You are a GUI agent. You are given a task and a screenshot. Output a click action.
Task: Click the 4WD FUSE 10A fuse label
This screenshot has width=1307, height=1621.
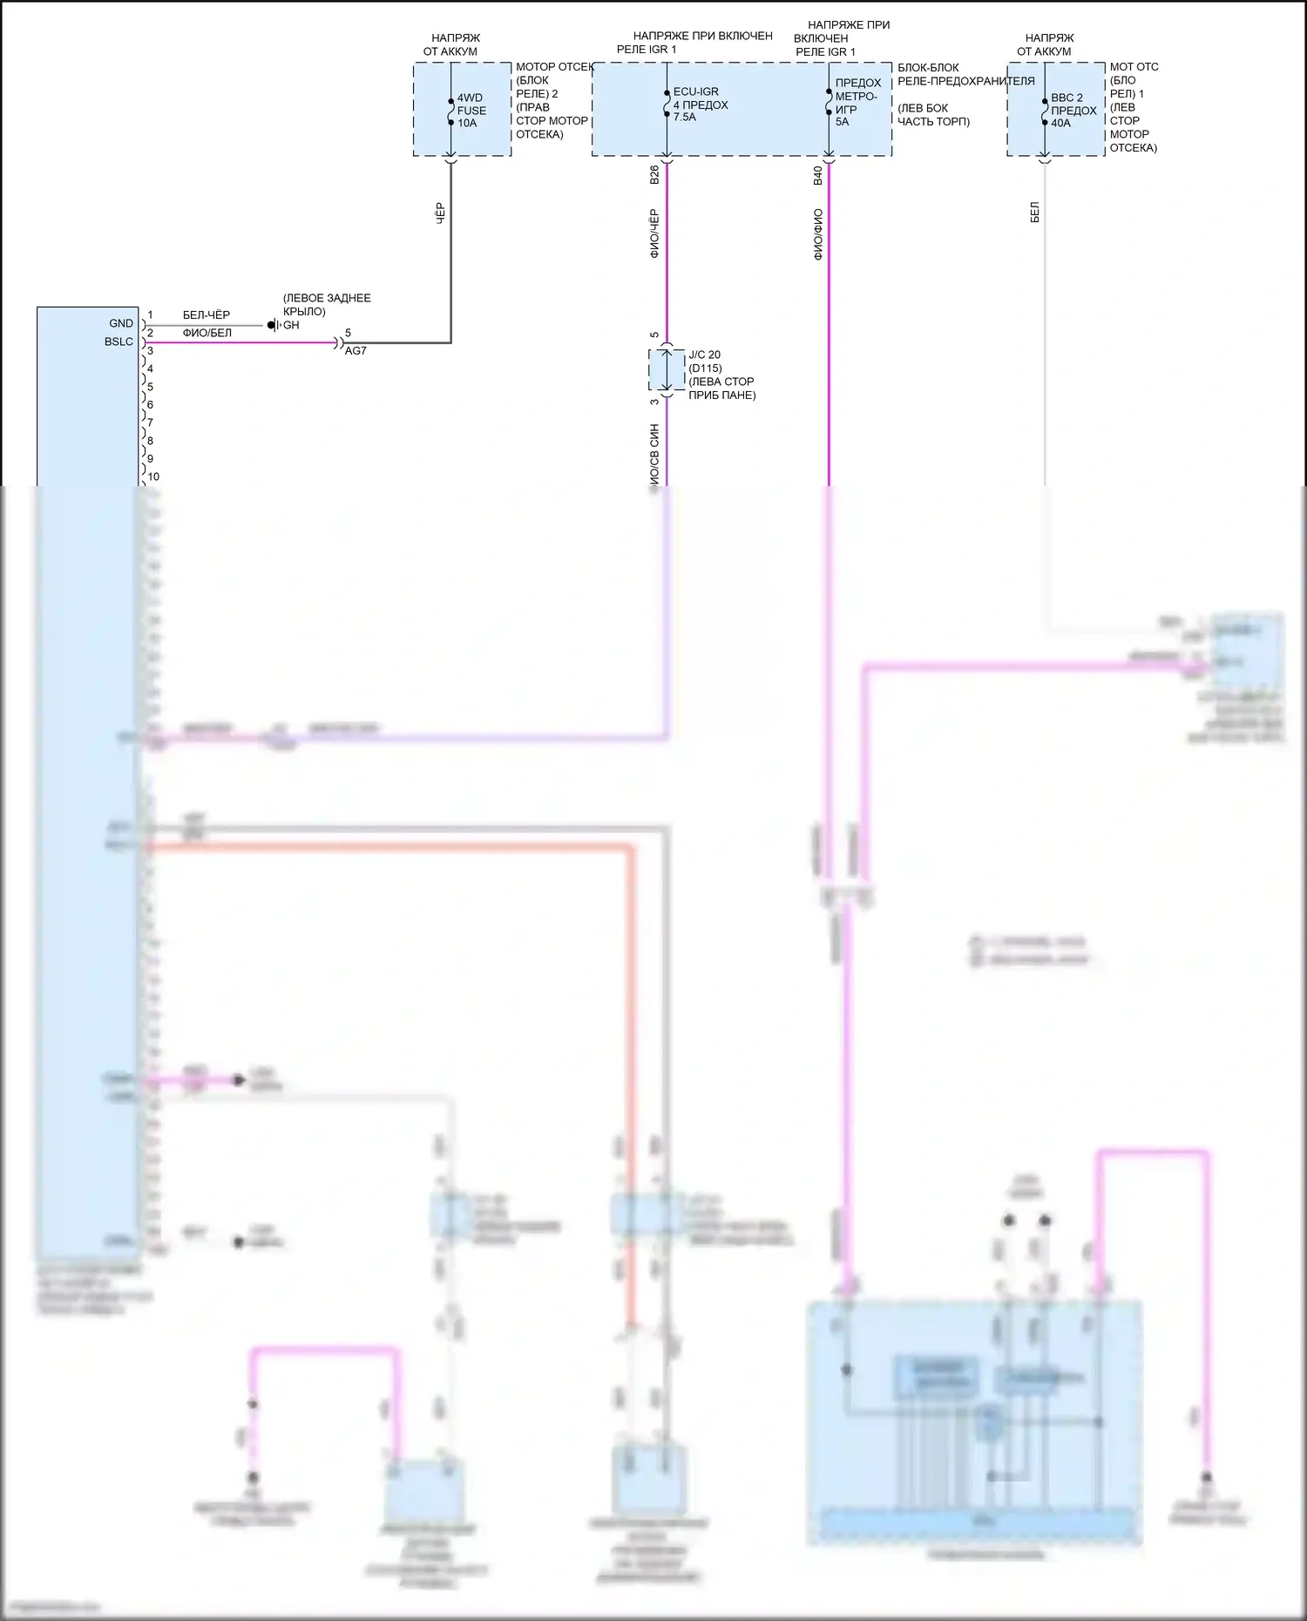pos(471,111)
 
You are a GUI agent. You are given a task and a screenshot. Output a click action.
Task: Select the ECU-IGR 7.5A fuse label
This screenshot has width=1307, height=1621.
pos(700,105)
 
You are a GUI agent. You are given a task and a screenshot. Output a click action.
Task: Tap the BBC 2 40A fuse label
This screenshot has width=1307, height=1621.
pos(1073,111)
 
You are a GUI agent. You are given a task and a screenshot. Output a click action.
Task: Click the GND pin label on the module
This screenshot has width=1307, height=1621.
pos(121,323)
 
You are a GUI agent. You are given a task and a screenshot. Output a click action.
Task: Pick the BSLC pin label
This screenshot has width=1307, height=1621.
pos(119,341)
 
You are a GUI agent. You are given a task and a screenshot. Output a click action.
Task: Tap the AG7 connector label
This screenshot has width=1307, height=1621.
pos(356,351)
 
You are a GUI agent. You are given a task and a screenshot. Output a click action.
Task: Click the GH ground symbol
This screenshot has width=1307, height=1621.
pos(272,325)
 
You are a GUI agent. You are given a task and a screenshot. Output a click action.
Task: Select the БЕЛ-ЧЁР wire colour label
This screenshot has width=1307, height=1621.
pos(207,315)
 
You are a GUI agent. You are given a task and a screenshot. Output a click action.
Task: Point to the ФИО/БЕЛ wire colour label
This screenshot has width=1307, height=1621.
pos(207,333)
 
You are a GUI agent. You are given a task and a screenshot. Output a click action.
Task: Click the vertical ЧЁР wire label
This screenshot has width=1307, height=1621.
pos(439,214)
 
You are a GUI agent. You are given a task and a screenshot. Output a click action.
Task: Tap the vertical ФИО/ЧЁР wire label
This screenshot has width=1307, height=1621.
pos(654,233)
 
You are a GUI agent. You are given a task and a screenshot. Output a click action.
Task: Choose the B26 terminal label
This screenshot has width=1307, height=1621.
pos(654,175)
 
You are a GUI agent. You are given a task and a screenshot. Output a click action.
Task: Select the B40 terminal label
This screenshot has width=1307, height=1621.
pos(817,175)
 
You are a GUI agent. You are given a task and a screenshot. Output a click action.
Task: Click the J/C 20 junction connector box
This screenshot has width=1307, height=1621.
pos(667,370)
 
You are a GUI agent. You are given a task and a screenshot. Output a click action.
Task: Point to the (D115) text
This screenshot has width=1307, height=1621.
pos(705,368)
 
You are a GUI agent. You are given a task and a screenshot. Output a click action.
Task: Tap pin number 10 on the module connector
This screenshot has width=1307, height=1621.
pos(153,476)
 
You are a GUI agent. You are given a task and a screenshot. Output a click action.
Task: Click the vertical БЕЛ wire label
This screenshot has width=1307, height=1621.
pos(1034,212)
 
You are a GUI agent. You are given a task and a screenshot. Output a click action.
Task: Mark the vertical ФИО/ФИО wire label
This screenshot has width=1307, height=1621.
pos(817,234)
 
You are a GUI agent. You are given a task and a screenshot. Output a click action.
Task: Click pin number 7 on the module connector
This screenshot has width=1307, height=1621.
pos(150,422)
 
